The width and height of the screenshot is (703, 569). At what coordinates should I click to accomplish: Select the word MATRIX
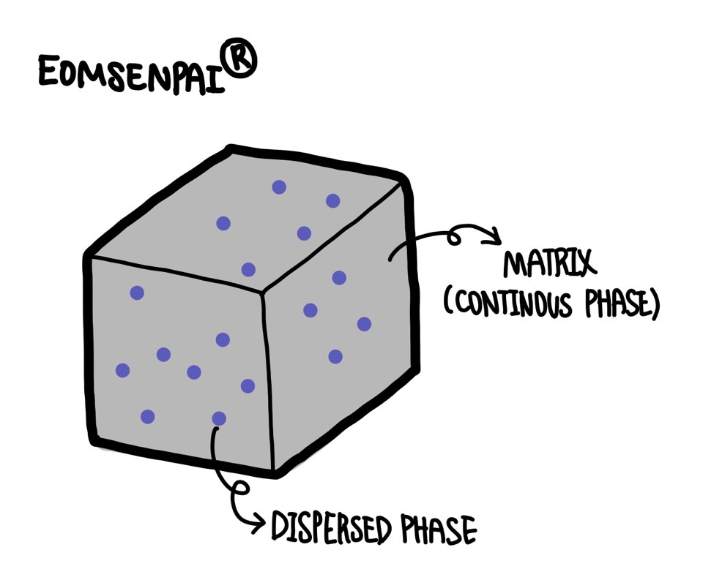[546, 265]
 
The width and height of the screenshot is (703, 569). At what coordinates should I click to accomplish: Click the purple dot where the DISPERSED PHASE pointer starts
[219, 418]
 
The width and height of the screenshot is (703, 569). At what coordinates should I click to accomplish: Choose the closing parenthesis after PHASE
[652, 304]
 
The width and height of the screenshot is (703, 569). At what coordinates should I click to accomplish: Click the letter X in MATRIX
[583, 265]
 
